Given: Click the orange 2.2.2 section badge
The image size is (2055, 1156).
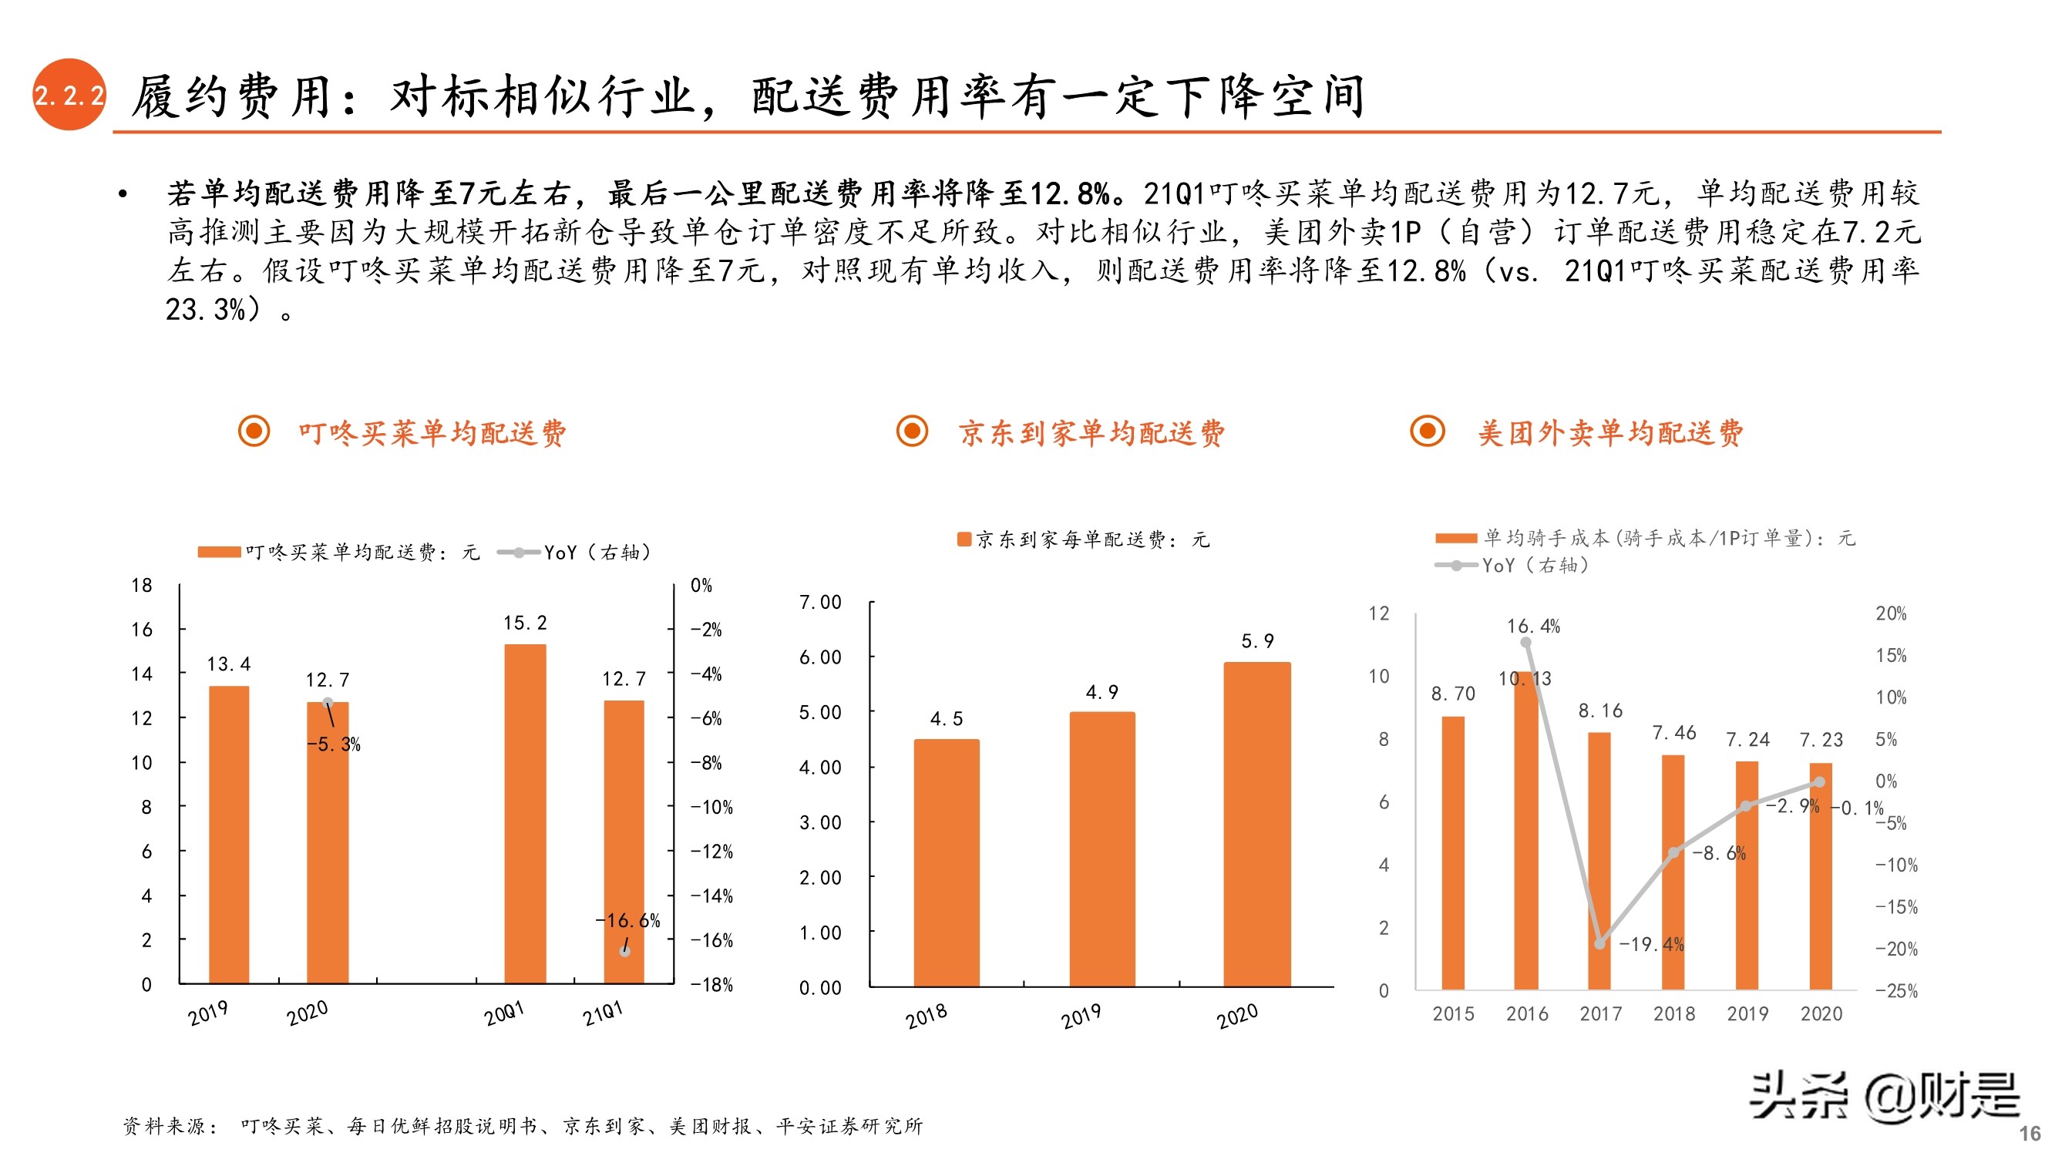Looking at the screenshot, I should tap(69, 95).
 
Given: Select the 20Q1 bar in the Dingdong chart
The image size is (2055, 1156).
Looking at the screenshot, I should tap(525, 814).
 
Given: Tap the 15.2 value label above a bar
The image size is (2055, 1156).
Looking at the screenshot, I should tap(525, 623).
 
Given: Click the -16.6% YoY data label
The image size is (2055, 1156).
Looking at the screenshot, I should tap(627, 921).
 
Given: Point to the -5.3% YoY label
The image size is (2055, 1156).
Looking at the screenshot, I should tap(334, 744).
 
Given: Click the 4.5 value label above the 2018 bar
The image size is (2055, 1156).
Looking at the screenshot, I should tap(946, 719).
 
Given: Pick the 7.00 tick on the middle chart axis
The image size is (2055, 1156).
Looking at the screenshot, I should tap(820, 603).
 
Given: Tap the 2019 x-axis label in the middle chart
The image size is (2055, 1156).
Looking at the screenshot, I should tap(1081, 1017).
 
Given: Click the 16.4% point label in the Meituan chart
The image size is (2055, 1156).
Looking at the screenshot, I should tap(1532, 627).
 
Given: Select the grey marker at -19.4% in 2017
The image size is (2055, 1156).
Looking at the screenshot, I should tap(1599, 944).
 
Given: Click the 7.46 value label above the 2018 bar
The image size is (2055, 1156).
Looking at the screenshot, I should tap(1673, 732).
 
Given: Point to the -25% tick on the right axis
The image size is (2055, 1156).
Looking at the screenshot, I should tap(1896, 991).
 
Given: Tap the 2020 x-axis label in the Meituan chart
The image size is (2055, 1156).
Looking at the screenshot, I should tap(1821, 1014).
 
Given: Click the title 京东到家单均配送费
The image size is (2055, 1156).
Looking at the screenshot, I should tap(1091, 433).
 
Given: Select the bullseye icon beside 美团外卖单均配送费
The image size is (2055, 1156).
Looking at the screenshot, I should tap(1428, 432).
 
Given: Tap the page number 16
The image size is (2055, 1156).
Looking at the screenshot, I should tap(2030, 1133).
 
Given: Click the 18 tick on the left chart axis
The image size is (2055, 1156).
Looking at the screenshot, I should tap(142, 586).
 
